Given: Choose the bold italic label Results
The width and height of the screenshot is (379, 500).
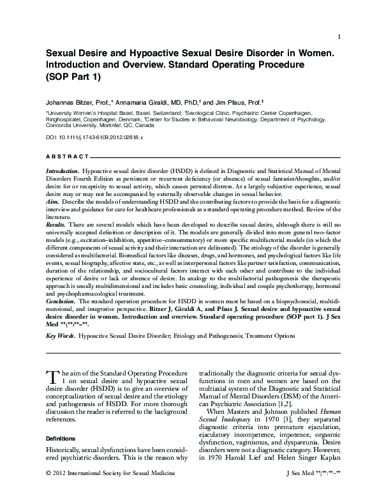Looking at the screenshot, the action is pos(56,225).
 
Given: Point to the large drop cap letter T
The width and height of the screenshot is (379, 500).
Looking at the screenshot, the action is pos(52,378).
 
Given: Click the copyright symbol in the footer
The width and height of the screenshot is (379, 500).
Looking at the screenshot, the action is pos(49,490).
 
